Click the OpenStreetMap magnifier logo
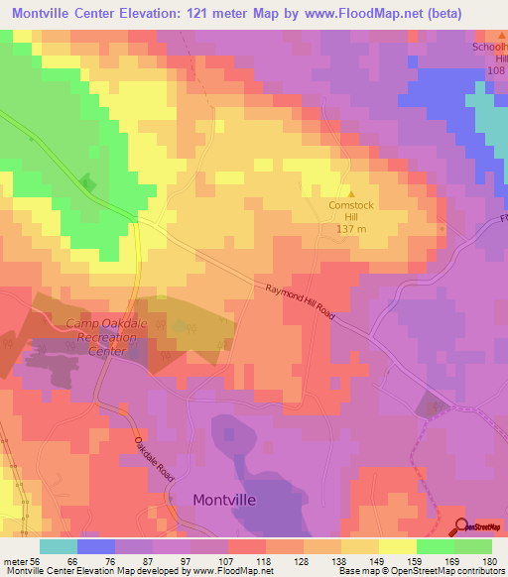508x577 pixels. [x=459, y=527]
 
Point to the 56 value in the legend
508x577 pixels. [x=33, y=561]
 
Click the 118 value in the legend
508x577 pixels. [x=265, y=561]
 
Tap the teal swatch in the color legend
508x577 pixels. [x=59, y=546]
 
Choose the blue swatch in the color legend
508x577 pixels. [x=96, y=546]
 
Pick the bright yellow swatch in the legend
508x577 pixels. [x=398, y=546]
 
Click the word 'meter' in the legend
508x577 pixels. [x=13, y=561]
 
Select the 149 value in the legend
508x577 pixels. [x=379, y=561]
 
